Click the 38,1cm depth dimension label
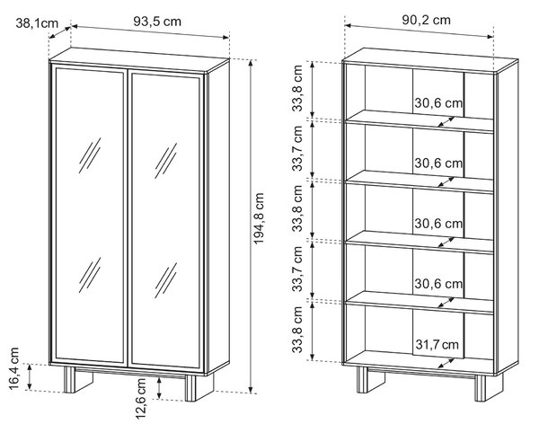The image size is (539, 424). [37, 23]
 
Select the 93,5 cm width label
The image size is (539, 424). [157, 22]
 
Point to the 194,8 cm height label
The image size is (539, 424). [259, 218]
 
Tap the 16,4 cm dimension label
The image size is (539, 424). [14, 368]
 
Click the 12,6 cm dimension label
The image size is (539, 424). [141, 399]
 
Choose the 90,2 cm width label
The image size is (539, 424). [426, 20]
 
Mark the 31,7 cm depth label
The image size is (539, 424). [437, 344]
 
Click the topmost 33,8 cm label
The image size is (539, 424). [297, 88]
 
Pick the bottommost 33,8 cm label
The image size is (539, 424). [297, 330]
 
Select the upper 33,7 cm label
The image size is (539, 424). [297, 148]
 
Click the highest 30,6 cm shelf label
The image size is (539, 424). [438, 102]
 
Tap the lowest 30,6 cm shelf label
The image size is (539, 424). [438, 284]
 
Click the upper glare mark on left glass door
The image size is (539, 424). [90, 155]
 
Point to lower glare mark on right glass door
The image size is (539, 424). [165, 280]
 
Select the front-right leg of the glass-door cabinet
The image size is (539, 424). [190, 388]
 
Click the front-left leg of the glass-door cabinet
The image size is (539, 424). [70, 379]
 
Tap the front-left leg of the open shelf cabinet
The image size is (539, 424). [362, 379]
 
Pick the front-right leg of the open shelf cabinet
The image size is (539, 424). [481, 388]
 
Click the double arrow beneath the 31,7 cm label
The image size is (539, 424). [446, 363]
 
